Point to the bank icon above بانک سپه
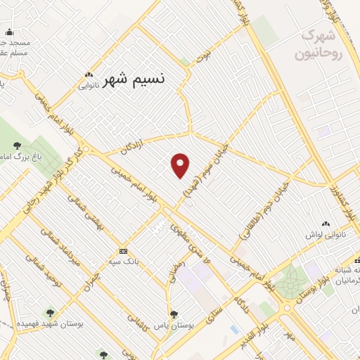tap(124, 251)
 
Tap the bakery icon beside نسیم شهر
tap(89, 76)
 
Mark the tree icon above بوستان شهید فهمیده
tap(49, 312)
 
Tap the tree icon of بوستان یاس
tap(174, 314)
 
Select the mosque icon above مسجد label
tap(9, 32)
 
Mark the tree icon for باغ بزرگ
tap(17, 145)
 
